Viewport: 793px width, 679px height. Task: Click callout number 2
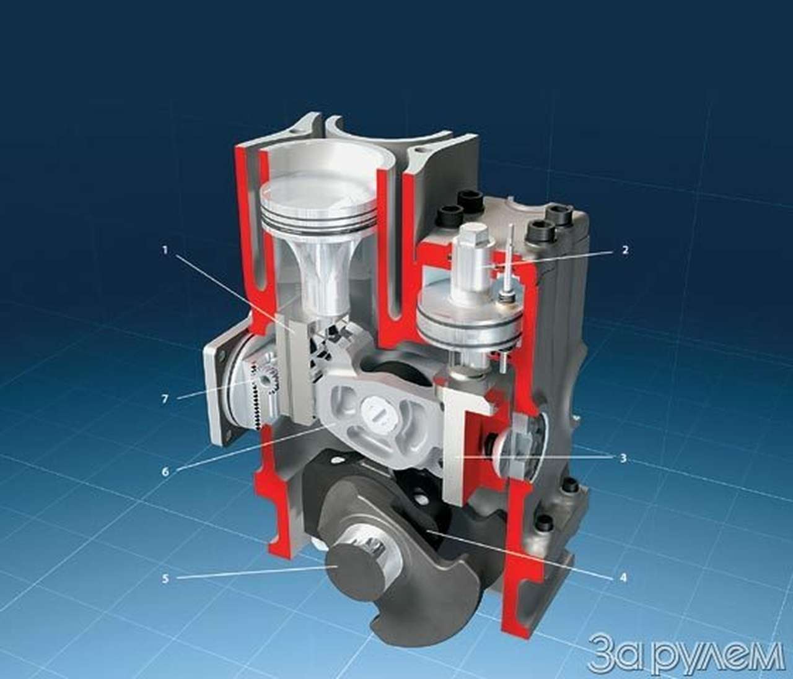coord(625,250)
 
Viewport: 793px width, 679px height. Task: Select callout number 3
coord(623,458)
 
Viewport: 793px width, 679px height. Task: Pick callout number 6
coord(165,471)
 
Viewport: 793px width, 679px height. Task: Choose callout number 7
coord(165,399)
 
